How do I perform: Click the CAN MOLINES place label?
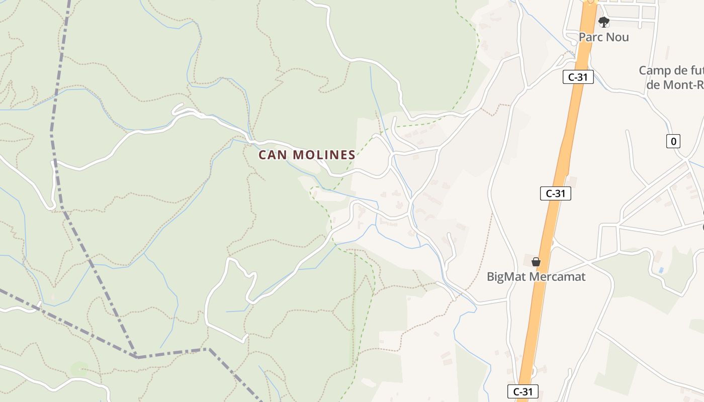(307, 155)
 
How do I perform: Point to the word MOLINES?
(324, 155)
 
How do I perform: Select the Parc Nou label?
(603, 37)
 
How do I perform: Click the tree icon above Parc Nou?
(604, 22)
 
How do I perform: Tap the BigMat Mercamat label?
(536, 276)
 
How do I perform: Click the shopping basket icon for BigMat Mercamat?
(536, 262)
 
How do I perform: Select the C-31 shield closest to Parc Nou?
(578, 77)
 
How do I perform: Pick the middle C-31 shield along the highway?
(556, 193)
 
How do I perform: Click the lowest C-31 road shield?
(523, 391)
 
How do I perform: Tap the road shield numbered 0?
(673, 141)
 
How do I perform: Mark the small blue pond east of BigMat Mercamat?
(661, 270)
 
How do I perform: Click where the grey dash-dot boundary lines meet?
(137, 357)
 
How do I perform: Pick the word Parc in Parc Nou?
(591, 37)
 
